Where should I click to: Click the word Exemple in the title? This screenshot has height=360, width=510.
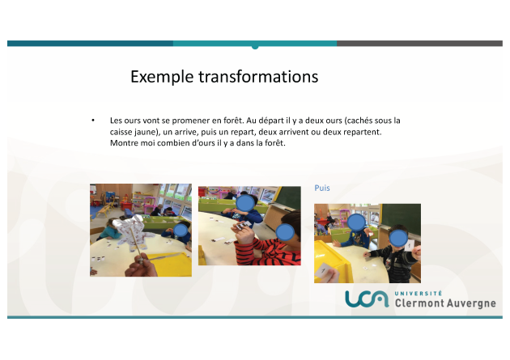pos(162,77)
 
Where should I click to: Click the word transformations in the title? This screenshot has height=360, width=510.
pos(258,77)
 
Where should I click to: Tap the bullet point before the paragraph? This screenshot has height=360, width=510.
pos(93,121)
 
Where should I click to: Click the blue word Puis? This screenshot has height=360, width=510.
pos(322,188)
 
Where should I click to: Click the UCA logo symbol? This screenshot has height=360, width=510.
pos(367,299)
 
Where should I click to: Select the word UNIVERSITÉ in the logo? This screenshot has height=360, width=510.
pos(419,294)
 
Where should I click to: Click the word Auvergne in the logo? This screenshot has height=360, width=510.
pos(471,303)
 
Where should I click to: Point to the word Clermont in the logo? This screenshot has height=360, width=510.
pos(419,303)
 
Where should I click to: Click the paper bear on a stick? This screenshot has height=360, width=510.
pos(134,232)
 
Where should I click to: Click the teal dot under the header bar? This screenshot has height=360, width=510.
pos(255,47)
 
